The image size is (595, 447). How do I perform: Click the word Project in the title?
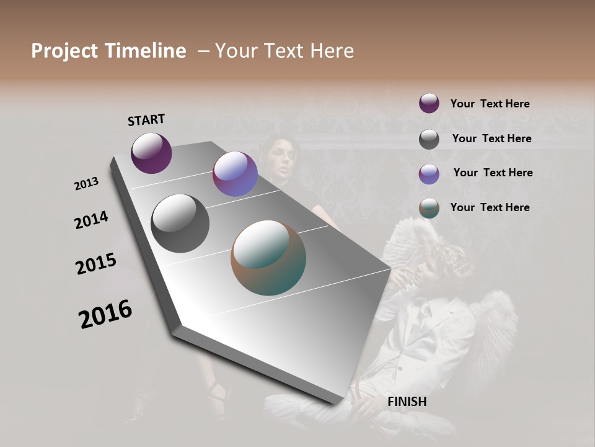click(64, 51)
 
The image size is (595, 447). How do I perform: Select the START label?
click(146, 120)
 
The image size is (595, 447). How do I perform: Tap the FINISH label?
click(407, 402)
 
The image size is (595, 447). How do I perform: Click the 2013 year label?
click(87, 184)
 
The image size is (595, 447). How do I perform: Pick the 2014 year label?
click(91, 220)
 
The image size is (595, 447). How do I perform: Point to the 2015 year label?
click(96, 264)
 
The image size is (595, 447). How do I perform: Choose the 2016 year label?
click(105, 314)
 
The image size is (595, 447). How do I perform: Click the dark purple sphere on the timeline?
click(151, 153)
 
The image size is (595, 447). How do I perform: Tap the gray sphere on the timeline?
click(180, 223)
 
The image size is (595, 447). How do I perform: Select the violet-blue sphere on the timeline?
click(235, 174)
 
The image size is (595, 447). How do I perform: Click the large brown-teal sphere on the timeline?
click(268, 258)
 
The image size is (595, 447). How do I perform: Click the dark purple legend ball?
click(429, 104)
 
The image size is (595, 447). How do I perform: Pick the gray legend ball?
click(429, 139)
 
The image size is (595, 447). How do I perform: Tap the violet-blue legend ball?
click(429, 174)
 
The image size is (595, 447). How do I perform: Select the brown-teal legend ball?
click(429, 208)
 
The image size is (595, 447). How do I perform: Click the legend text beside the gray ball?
click(491, 138)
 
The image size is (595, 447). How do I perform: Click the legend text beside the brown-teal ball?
click(490, 207)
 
